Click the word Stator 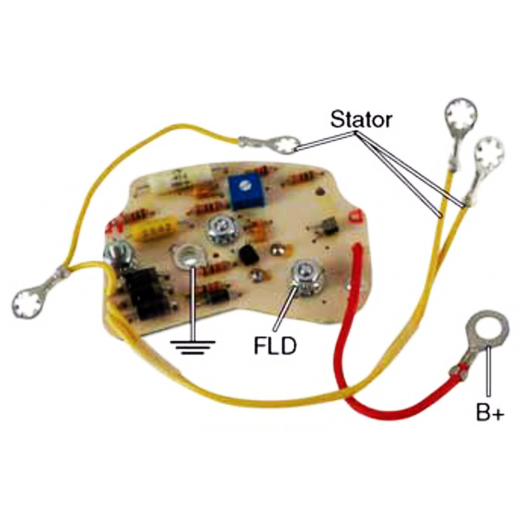tap(362, 119)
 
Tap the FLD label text tap(275, 346)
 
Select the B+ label tap(490, 413)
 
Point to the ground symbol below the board tap(192, 348)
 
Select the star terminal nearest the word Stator tap(286, 144)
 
